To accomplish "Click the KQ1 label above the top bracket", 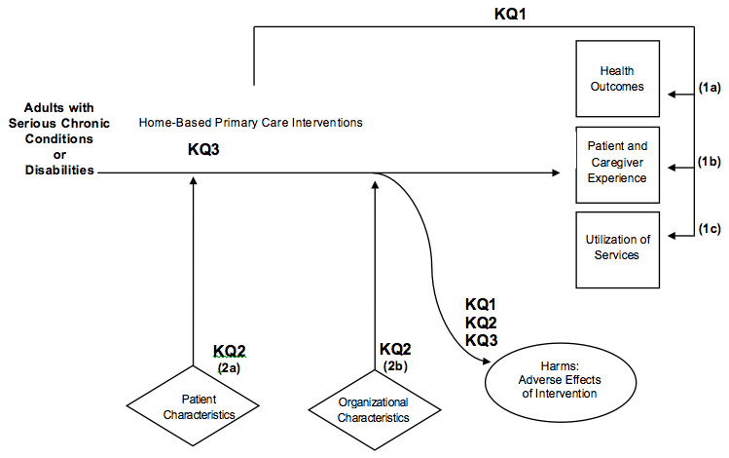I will pyautogui.click(x=510, y=14).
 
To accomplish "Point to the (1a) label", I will pyautogui.click(x=711, y=88).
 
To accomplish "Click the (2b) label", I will pyautogui.click(x=397, y=365).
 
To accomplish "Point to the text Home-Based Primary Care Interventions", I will pyautogui.click(x=250, y=123).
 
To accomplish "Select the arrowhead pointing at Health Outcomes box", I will pyautogui.click(x=672, y=95).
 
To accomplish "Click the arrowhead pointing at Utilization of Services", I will pyautogui.click(x=672, y=236).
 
